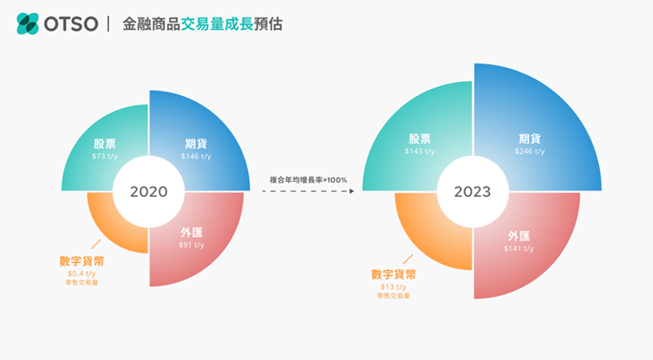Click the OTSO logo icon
(28, 23)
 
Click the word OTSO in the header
(71, 23)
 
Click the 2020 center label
(148, 192)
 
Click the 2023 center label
(473, 192)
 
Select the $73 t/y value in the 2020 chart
(104, 157)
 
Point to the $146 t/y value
(196, 157)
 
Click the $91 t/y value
(192, 244)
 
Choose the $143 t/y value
(420, 151)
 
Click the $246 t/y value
(530, 151)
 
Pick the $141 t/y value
(520, 249)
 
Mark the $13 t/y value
(393, 287)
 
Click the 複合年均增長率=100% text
(308, 179)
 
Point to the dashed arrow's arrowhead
(351, 192)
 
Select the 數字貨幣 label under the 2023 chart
(393, 274)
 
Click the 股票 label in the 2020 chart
(104, 145)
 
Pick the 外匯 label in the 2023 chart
(520, 236)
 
